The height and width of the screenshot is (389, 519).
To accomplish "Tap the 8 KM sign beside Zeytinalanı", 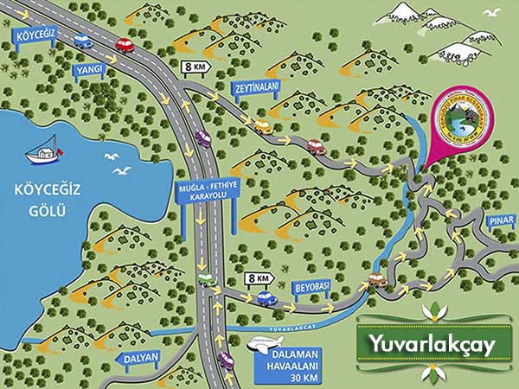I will coord(195,66).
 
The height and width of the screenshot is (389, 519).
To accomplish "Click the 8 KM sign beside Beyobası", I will coord(259,278).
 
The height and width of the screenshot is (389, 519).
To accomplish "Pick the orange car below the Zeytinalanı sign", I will coord(261,126).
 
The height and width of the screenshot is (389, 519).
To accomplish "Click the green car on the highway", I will coord(206,279).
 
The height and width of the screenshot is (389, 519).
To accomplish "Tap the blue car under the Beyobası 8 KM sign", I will coord(266,298).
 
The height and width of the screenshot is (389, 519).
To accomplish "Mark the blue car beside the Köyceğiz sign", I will coord(83,40).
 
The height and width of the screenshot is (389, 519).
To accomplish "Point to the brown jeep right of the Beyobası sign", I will coord(376,279).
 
